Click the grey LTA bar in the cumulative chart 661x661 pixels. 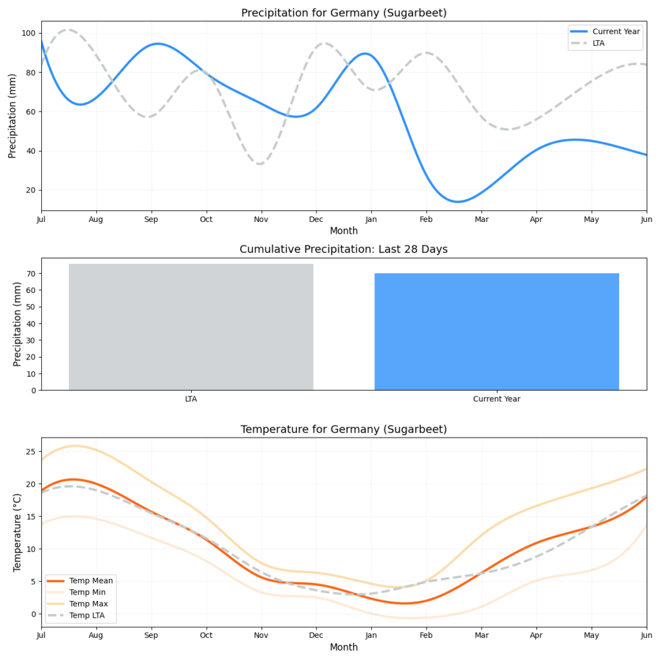click(190, 327)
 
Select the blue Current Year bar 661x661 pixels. click(496, 331)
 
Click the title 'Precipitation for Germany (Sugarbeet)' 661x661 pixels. click(343, 13)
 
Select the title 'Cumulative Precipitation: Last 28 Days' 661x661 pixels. click(343, 249)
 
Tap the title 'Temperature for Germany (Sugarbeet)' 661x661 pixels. click(343, 429)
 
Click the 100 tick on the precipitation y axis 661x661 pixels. click(28, 33)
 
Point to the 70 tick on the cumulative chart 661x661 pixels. click(30, 274)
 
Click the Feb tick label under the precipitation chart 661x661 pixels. click(425, 220)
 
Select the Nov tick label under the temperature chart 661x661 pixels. click(261, 636)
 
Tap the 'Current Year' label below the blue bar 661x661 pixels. click(496, 399)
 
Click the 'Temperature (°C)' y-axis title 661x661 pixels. click(17, 533)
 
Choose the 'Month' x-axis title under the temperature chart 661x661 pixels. click(343, 647)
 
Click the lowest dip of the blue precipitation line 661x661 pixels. click(457, 201)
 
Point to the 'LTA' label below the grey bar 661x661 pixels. click(191, 399)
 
